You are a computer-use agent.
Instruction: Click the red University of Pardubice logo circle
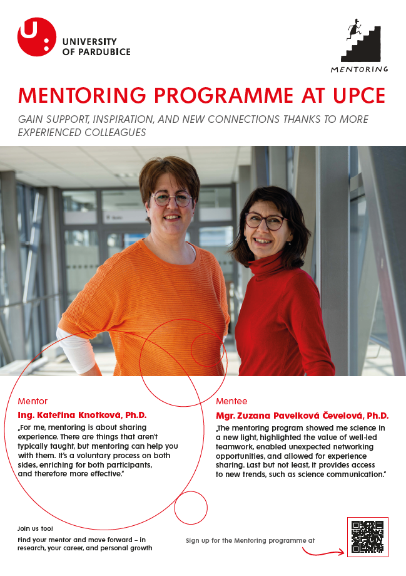click(36, 37)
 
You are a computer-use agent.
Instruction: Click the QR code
click(367, 537)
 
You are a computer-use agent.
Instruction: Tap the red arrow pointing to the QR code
click(323, 551)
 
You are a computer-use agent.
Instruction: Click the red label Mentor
click(33, 401)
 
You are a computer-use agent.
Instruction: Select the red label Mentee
click(231, 401)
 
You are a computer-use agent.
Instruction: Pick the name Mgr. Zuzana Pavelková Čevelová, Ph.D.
click(302, 415)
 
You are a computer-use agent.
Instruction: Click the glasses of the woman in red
click(265, 221)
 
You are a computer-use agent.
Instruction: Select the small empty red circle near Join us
click(190, 508)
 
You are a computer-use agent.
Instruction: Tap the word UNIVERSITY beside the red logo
click(94, 42)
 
